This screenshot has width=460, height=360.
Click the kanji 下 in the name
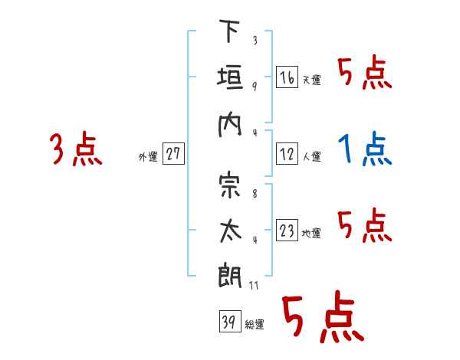point(229,31)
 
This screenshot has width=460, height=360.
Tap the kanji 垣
point(230,77)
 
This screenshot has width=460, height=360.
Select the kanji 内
point(229,125)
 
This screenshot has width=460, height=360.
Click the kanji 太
point(230,231)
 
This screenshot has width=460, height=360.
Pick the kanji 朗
point(230,275)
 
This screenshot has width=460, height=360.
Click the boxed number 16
point(287,77)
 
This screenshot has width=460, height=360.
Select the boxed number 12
point(287,154)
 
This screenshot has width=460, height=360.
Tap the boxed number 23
point(287,230)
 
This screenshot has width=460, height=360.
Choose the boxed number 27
point(173,153)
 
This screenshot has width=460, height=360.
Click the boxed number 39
point(230,321)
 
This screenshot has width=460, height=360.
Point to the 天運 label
point(312,80)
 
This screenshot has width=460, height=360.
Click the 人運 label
point(312,156)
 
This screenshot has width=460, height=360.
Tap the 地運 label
point(311,233)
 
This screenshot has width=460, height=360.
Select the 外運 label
point(148,156)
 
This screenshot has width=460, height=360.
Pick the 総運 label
point(255,324)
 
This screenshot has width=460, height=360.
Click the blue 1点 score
point(365,149)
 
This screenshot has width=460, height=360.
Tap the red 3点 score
point(76,149)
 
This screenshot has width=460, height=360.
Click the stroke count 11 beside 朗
point(254,285)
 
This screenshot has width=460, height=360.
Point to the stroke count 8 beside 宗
point(255,194)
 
